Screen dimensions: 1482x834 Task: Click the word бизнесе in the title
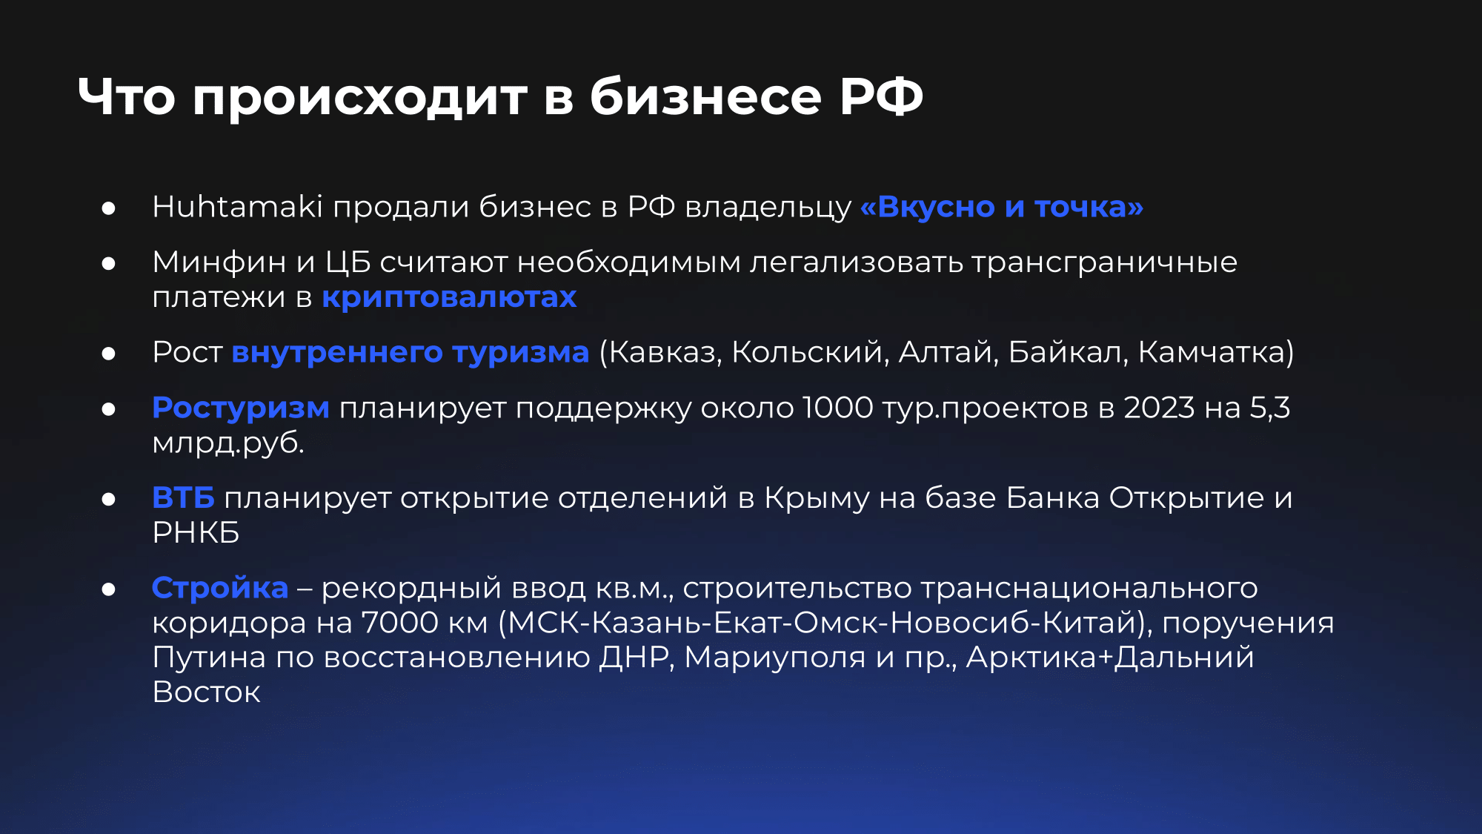pyautogui.click(x=705, y=96)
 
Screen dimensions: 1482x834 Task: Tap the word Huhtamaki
pyautogui.click(x=237, y=207)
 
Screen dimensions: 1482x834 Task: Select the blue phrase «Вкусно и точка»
pyautogui.click(x=1002, y=207)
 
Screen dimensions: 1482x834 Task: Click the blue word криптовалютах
pyautogui.click(x=449, y=297)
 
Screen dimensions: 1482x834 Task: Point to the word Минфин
pyautogui.click(x=219, y=262)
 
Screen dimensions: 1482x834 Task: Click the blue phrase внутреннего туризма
pyautogui.click(x=411, y=352)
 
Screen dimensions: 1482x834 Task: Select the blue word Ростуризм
pyautogui.click(x=241, y=408)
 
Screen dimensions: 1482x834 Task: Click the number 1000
pyautogui.click(x=838, y=408)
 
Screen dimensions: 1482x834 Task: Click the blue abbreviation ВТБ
pyautogui.click(x=183, y=497)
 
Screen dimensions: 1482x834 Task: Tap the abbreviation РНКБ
pyautogui.click(x=196, y=532)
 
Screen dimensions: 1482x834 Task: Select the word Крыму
pyautogui.click(x=817, y=498)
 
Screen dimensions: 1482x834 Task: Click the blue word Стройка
pyautogui.click(x=220, y=588)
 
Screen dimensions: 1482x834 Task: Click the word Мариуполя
pyautogui.click(x=775, y=658)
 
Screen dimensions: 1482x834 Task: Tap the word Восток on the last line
pyautogui.click(x=206, y=692)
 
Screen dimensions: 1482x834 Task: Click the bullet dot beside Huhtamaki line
pyautogui.click(x=109, y=208)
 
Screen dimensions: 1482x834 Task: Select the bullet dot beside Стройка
pyautogui.click(x=109, y=589)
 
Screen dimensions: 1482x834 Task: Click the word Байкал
pyautogui.click(x=1068, y=352)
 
